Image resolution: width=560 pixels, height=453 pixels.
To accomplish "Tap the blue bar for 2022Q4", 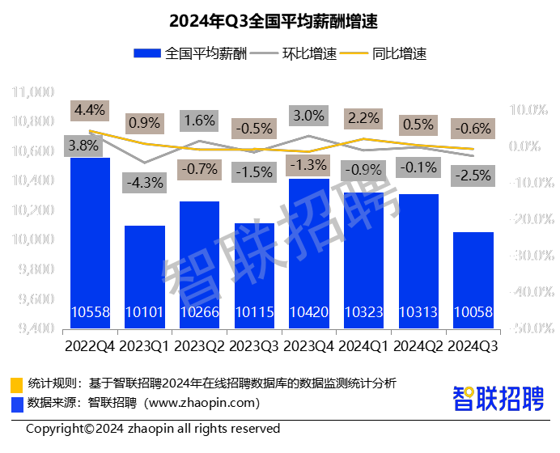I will [x=90, y=243].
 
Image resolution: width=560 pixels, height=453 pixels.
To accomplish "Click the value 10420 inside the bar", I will [x=308, y=312].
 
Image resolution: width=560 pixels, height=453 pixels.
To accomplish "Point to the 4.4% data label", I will [x=89, y=109].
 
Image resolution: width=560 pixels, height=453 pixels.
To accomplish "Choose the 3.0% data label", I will [x=308, y=116].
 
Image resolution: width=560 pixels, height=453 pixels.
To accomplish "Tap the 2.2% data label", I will [x=363, y=118].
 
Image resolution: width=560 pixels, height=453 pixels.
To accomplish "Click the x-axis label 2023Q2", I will [x=199, y=346].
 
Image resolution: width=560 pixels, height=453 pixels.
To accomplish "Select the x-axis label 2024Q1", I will [x=363, y=346].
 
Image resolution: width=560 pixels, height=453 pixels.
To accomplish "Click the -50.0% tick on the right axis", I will [x=526, y=328].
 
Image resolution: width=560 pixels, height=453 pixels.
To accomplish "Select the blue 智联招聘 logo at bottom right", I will [x=497, y=397].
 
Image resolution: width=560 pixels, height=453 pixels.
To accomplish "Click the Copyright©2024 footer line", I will [x=153, y=429].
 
